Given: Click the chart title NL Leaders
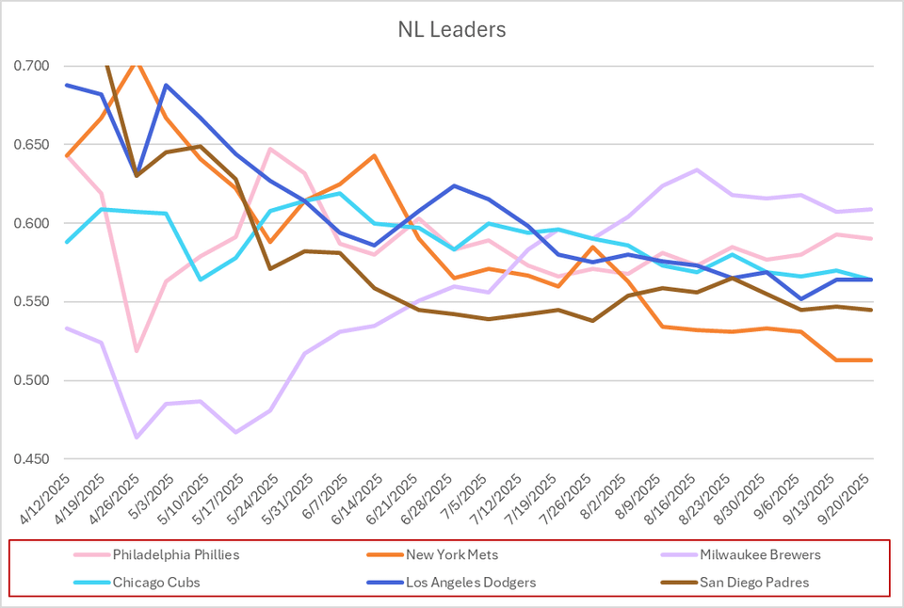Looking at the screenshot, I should [x=451, y=30].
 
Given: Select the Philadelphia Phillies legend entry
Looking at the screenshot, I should [x=176, y=554].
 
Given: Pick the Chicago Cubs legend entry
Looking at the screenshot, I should [x=156, y=583].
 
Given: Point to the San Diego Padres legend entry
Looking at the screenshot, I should [x=753, y=583].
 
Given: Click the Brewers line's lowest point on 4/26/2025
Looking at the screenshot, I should [x=137, y=437].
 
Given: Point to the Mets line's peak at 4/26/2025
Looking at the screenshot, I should [x=137, y=62].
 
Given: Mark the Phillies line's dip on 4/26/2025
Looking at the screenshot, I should [x=137, y=351].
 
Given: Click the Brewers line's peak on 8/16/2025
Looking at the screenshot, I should [x=697, y=169].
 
